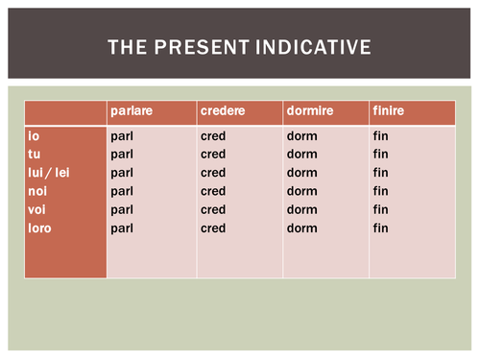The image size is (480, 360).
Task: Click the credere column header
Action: [x=221, y=112]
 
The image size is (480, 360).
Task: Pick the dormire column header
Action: [x=308, y=112]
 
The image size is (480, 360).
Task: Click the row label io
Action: [x=34, y=136]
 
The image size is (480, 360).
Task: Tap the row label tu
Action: [x=35, y=155]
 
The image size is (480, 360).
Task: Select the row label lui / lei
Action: [x=49, y=173]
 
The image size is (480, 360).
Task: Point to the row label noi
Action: [x=36, y=191]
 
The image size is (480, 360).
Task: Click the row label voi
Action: [x=36, y=209]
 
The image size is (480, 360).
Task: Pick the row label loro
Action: [x=39, y=228]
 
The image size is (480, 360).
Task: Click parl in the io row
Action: [x=121, y=136]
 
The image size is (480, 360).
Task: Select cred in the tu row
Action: [x=213, y=155]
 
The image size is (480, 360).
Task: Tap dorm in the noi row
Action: [x=300, y=191]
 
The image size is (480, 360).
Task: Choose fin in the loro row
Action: [x=380, y=228]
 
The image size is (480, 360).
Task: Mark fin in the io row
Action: [x=380, y=136]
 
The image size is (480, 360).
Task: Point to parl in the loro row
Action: [x=121, y=228]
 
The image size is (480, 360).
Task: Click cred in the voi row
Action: [x=213, y=209]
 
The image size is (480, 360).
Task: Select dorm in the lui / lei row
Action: [x=300, y=173]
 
